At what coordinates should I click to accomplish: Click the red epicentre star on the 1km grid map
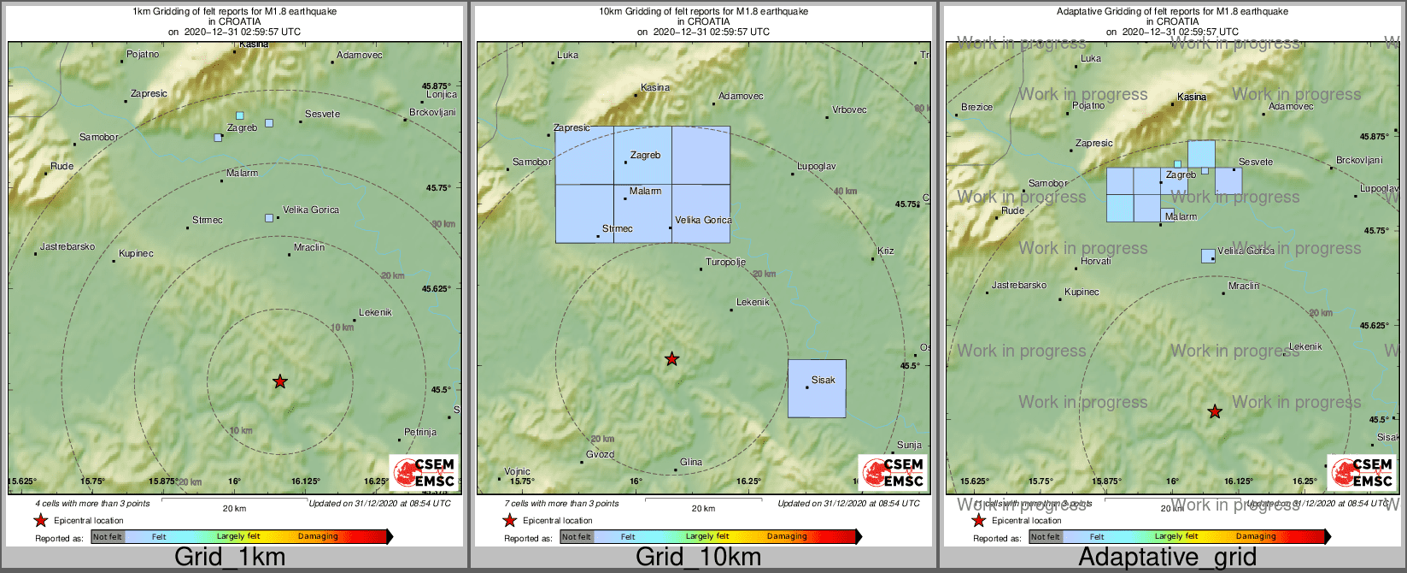(280, 381)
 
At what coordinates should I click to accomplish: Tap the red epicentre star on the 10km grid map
(672, 358)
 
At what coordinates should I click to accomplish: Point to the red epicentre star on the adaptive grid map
(1215, 411)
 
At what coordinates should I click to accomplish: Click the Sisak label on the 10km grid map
(824, 380)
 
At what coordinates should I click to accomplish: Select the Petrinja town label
(420, 432)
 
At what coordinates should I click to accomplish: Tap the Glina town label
(691, 463)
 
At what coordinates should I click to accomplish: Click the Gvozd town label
(600, 455)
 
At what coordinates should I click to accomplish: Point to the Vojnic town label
(517, 471)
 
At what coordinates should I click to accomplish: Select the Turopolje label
(725, 263)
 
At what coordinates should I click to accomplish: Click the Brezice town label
(976, 107)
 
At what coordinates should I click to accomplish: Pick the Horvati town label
(1096, 261)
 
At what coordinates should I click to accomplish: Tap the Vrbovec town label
(849, 109)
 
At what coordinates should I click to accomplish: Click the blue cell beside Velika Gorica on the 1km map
(269, 218)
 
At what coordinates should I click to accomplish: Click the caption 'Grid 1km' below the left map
(230, 558)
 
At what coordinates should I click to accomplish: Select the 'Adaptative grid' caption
(1167, 558)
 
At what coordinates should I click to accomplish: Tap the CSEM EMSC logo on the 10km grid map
(893, 472)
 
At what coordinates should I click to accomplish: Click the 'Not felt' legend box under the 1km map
(108, 537)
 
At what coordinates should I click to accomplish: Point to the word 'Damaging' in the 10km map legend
(787, 537)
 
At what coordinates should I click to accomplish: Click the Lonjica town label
(442, 95)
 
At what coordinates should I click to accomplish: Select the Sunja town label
(909, 445)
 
